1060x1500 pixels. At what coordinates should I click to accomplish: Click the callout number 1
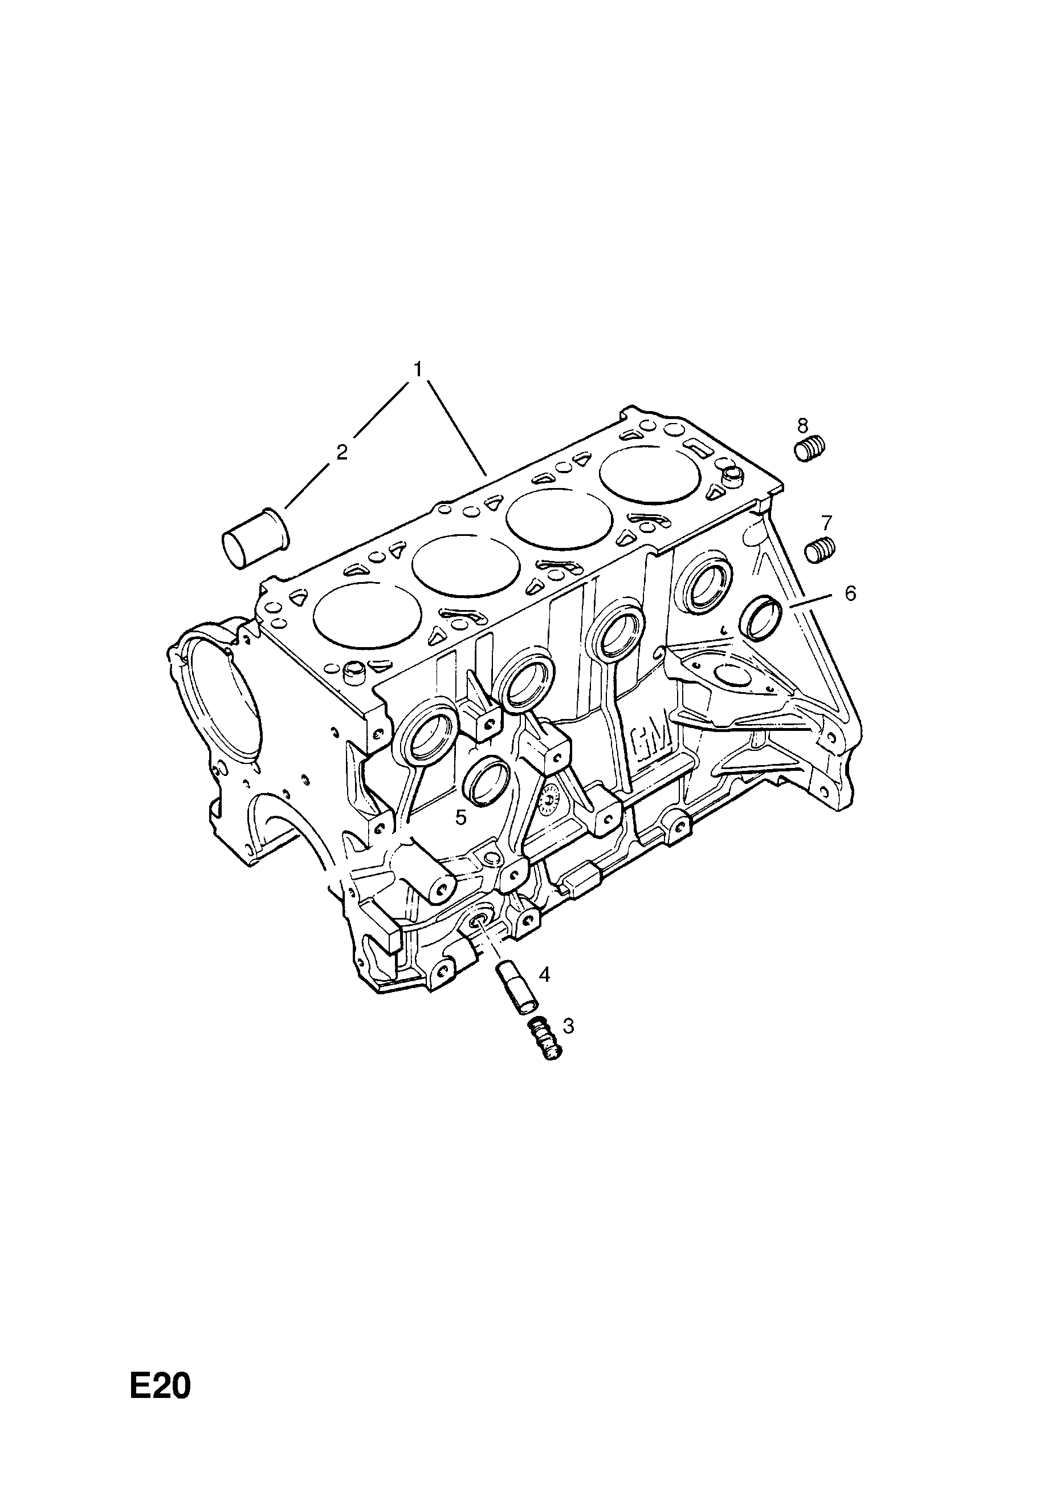coord(417,370)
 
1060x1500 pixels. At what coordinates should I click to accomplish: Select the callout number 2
coord(341,452)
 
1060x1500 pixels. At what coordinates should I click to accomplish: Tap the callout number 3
coord(568,1026)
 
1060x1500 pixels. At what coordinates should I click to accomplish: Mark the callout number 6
coord(850,593)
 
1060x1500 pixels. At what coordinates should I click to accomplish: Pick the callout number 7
coord(826,522)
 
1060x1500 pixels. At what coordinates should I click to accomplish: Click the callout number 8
coord(802,425)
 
